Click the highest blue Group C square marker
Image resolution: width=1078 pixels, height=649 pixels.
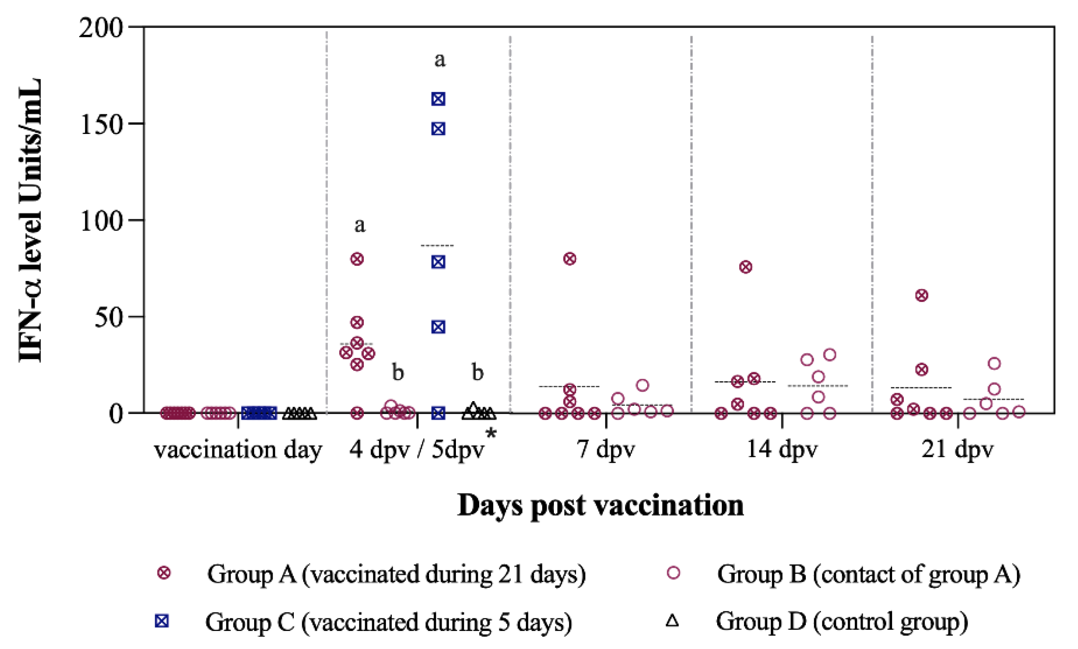[438, 99]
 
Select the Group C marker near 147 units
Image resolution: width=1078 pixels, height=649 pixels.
[438, 129]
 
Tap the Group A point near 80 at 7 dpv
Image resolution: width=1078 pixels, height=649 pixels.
[570, 259]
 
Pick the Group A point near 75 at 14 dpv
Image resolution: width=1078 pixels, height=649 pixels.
[746, 267]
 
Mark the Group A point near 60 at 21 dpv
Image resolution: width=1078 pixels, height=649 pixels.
[921, 295]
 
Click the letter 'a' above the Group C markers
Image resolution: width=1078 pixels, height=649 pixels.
[440, 59]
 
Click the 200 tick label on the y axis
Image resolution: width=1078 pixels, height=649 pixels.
[101, 28]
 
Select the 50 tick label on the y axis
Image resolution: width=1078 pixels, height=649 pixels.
[108, 317]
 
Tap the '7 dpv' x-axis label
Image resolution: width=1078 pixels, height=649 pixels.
[606, 450]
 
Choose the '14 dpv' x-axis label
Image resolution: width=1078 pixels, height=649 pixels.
[782, 450]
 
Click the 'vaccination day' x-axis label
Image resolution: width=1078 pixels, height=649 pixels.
[238, 450]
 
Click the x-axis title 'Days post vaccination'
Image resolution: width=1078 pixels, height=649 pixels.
[600, 505]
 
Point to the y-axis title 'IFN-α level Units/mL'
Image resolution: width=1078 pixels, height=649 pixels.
[31, 220]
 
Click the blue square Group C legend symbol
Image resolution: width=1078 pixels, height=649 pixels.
[162, 621]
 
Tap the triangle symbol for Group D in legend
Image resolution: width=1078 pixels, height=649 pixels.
[672, 621]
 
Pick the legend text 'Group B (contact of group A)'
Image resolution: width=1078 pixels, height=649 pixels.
[869, 574]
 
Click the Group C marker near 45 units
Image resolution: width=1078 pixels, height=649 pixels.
[438, 327]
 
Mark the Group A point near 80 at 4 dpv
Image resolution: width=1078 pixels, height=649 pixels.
[357, 259]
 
